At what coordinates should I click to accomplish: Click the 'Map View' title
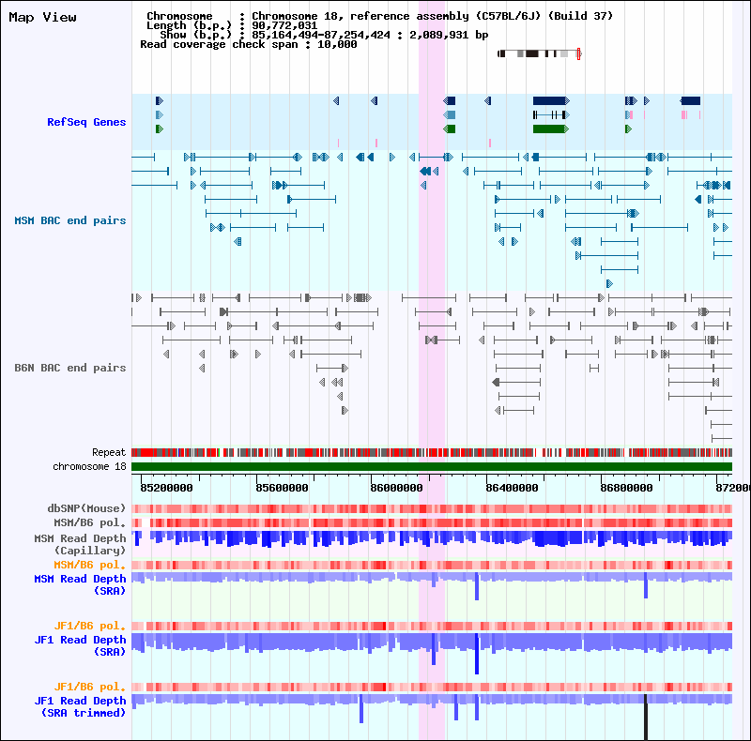pos(42,18)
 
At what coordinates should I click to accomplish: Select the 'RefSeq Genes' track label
pos(86,122)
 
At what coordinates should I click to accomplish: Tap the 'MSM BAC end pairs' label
pos(69,220)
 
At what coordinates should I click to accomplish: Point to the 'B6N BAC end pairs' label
pos(69,368)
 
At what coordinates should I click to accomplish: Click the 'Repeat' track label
pos(108,452)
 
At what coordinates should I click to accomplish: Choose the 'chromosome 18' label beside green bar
pos(89,466)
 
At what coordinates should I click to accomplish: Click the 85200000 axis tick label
pos(166,488)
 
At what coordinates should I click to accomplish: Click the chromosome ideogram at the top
pos(539,53)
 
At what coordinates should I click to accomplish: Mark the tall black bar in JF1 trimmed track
pos(646,718)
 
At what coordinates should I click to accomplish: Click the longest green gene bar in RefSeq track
pos(550,129)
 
